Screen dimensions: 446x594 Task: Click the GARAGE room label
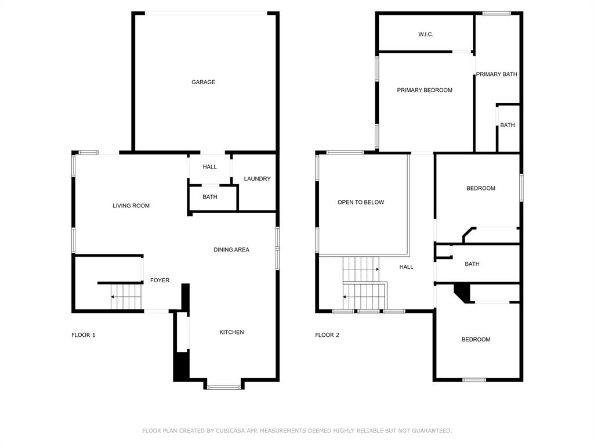203,82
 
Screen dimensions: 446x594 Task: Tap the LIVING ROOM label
131,206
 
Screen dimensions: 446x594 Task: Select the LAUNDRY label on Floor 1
257,179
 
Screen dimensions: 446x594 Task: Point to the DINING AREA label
231,250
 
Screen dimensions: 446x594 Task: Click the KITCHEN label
231,332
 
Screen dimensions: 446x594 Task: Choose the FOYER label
160,280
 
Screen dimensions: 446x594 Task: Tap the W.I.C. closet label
426,35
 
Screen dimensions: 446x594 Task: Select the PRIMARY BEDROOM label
425,91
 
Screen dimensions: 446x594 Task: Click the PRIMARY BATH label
497,74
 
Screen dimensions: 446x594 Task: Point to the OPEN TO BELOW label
361,203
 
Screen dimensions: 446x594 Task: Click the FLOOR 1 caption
84,335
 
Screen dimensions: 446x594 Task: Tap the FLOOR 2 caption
327,335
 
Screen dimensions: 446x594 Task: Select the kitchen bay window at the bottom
224,387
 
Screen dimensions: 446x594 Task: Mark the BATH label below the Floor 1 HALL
210,197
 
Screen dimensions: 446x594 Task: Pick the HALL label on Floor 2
406,267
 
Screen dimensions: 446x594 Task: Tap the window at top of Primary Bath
497,13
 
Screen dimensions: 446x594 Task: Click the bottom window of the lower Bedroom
474,380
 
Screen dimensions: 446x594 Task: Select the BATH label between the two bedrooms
472,264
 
